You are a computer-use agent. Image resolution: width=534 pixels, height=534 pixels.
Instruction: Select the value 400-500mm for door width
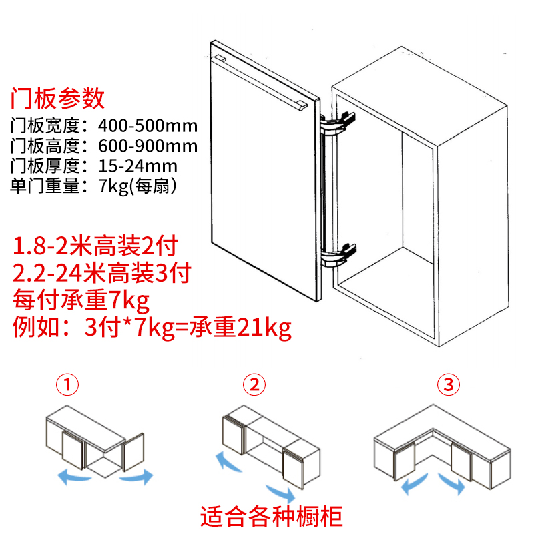click(x=148, y=126)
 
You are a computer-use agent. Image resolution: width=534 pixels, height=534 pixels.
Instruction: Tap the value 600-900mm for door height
click(x=148, y=146)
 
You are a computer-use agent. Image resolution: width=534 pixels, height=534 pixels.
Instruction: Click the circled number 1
click(x=68, y=385)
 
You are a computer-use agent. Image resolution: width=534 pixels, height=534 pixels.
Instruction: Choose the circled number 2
click(x=254, y=385)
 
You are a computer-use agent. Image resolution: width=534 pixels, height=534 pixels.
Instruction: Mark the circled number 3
click(x=449, y=385)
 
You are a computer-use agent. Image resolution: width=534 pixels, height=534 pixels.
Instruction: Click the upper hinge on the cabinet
click(x=340, y=123)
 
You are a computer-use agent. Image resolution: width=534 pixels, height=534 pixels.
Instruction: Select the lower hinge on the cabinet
click(x=340, y=254)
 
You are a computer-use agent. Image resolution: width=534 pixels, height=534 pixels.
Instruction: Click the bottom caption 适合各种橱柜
click(x=272, y=516)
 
